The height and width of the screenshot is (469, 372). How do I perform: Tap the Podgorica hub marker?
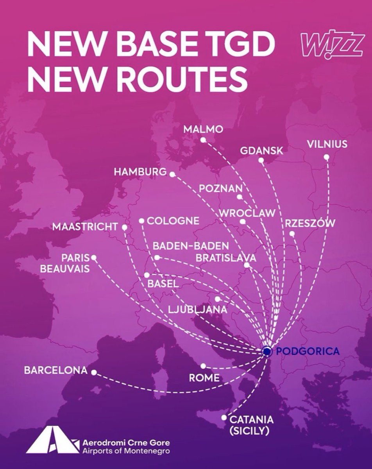pyautogui.click(x=267, y=352)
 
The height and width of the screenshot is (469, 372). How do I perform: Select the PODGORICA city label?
pyautogui.click(x=308, y=351)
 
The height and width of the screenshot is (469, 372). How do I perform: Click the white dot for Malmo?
pyautogui.click(x=202, y=140)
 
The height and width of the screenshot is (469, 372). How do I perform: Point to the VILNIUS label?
pyautogui.click(x=327, y=144)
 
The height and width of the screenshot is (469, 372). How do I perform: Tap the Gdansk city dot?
pyautogui.click(x=261, y=160)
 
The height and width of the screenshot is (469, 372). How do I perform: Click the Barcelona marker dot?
pyautogui.click(x=93, y=372)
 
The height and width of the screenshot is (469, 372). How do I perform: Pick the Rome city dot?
pyautogui.click(x=203, y=366)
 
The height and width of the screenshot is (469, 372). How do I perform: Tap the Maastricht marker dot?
pyautogui.click(x=124, y=227)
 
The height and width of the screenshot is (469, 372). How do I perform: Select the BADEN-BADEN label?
pyautogui.click(x=190, y=247)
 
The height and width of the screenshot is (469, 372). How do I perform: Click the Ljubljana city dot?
pyautogui.click(x=217, y=299)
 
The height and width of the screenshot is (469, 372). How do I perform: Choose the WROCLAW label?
pyautogui.click(x=247, y=213)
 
